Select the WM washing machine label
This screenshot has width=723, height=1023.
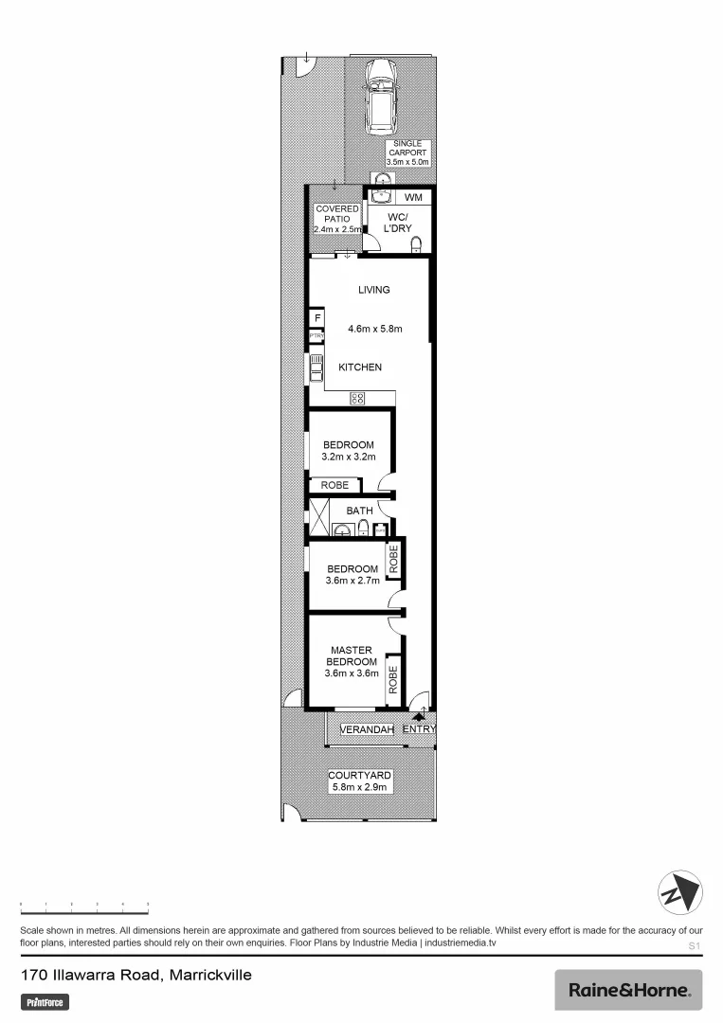[x=413, y=197]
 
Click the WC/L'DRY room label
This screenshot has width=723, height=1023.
[x=398, y=223]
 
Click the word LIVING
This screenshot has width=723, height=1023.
[x=373, y=290]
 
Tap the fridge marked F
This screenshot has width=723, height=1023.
[x=316, y=318]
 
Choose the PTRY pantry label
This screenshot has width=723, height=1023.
[x=316, y=336]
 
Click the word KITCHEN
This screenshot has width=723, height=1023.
[x=360, y=367]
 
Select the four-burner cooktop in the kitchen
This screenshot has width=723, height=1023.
[x=357, y=399]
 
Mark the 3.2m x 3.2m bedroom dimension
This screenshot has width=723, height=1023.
[x=349, y=458]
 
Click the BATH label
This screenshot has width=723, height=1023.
[x=359, y=511]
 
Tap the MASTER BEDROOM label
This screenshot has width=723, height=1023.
[x=352, y=655]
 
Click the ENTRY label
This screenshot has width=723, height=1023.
[x=418, y=729]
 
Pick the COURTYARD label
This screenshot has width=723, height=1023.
[x=359, y=775]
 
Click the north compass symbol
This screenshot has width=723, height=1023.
[x=679, y=893]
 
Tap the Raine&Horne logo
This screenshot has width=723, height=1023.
[x=628, y=990]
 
